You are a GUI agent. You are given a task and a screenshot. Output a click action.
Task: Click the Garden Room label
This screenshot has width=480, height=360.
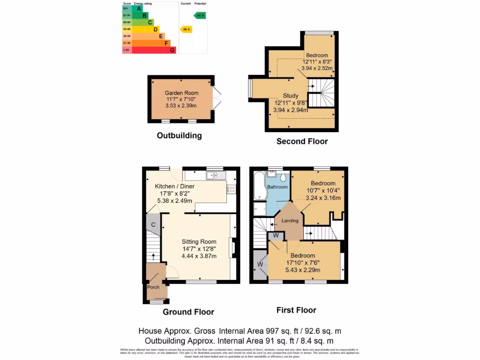[181, 93]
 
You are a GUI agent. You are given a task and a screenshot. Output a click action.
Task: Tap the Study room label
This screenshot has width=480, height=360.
[291, 96]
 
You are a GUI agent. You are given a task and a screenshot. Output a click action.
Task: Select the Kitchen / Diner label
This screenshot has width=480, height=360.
[175, 186]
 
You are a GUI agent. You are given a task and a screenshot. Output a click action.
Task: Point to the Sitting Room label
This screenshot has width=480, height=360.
[199, 242]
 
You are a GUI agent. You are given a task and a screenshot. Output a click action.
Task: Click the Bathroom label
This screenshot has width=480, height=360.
[277, 187]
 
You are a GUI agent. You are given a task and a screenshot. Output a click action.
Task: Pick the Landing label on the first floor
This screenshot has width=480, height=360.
[290, 221]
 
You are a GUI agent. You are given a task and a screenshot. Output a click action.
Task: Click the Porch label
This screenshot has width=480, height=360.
[153, 287]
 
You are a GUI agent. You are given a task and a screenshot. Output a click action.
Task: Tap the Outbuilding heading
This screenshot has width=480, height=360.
[179, 135]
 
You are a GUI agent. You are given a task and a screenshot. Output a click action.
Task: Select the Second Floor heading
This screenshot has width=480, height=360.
[302, 141]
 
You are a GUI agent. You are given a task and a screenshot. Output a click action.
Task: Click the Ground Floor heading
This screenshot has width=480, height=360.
[188, 312]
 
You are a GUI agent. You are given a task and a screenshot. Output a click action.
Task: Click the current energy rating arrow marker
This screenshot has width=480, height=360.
[186, 29]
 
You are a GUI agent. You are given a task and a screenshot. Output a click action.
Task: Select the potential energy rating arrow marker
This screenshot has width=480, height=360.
[200, 15]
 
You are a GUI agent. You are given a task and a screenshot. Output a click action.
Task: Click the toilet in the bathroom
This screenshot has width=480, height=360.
[284, 177]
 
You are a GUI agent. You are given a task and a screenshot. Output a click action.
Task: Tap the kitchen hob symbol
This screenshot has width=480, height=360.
[231, 189]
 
